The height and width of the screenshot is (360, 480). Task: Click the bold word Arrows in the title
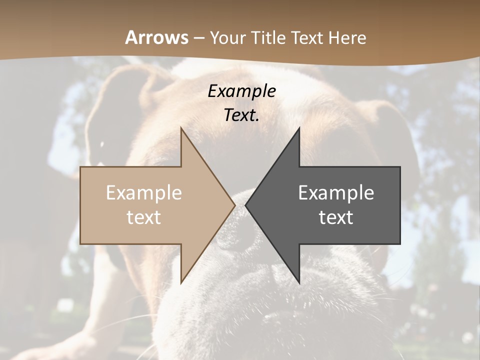click(x=157, y=37)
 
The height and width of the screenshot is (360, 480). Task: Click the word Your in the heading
click(x=228, y=37)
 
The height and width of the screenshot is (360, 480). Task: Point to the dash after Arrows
click(x=198, y=38)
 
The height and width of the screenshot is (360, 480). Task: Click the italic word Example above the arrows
click(x=241, y=91)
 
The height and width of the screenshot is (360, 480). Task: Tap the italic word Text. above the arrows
click(x=241, y=115)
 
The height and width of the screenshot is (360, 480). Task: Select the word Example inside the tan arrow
click(x=144, y=192)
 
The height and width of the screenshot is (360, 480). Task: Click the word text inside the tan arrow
click(x=144, y=217)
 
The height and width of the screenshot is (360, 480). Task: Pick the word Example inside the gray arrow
click(x=336, y=192)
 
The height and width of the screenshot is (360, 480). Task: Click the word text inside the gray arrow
click(x=336, y=217)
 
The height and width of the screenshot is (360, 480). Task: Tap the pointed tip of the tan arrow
click(x=234, y=205)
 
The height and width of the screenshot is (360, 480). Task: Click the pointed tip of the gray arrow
click(x=246, y=205)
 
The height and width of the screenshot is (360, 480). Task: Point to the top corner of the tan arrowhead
click(x=181, y=128)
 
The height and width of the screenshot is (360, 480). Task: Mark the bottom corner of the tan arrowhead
click(x=181, y=282)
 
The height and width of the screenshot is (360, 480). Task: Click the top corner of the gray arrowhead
click(x=299, y=128)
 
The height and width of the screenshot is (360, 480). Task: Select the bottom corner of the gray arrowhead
click(x=299, y=282)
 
